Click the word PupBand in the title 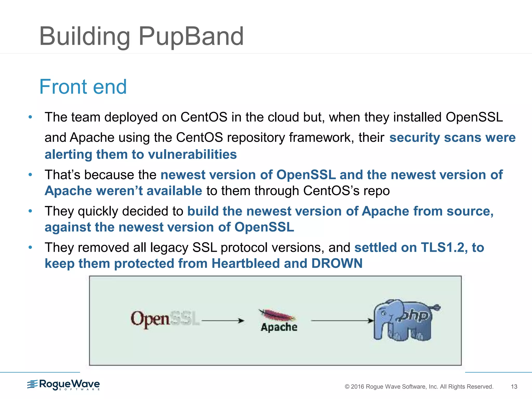click(x=191, y=37)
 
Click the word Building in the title click(x=85, y=37)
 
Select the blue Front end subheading click(x=83, y=87)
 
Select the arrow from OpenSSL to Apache click(x=223, y=321)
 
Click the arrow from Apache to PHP click(x=342, y=321)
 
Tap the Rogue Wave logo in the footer click(x=64, y=384)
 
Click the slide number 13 click(x=514, y=387)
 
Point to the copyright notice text click(x=419, y=387)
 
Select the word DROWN click(x=337, y=263)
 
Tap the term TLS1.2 click(x=442, y=247)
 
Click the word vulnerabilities click(x=192, y=154)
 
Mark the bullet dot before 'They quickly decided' click(x=30, y=211)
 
